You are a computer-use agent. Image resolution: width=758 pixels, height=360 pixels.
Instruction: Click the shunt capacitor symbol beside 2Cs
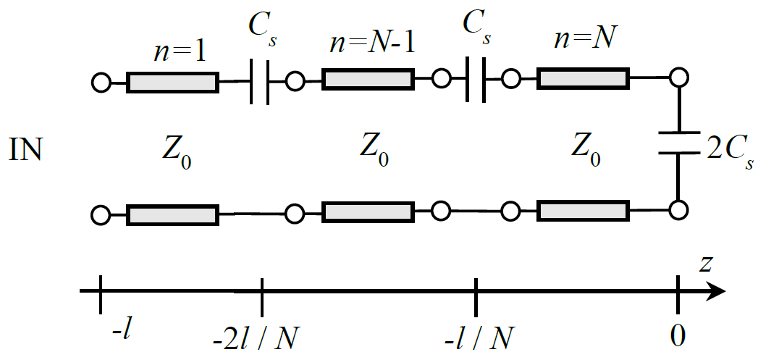[678, 143]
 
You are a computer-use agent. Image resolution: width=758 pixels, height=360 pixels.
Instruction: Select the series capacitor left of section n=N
[474, 80]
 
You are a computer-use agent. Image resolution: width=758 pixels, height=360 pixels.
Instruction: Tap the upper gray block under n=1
[172, 82]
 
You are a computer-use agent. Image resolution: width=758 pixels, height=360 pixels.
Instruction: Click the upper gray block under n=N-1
[368, 79]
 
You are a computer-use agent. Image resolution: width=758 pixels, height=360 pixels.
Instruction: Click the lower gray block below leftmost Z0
[172, 215]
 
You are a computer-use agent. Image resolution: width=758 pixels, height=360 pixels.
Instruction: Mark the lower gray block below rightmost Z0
[582, 212]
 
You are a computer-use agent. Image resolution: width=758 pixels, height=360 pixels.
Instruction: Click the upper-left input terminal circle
[101, 83]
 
